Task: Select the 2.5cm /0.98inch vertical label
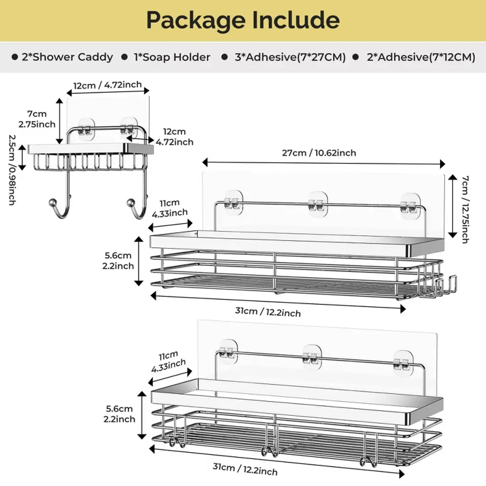(11, 169)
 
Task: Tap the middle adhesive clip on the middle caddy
(318, 204)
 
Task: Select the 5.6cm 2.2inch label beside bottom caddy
(119, 414)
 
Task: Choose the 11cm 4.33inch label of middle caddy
(169, 208)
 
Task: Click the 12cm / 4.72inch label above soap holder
(107, 85)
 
